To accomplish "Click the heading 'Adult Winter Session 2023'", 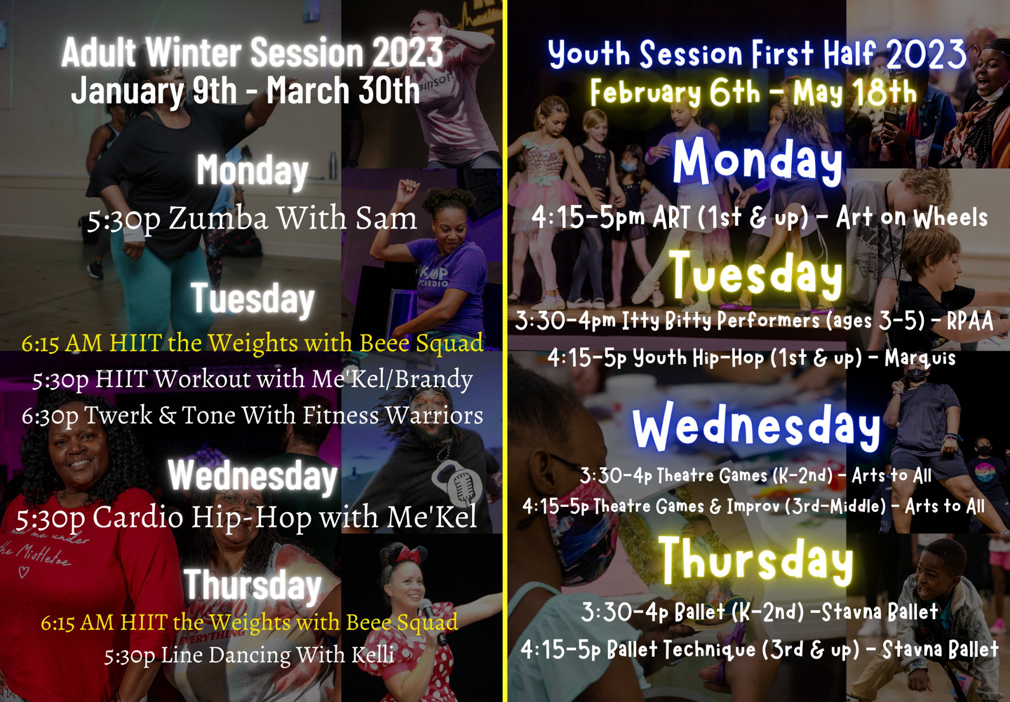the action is (252, 52).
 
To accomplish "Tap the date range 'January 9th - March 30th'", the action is (245, 91).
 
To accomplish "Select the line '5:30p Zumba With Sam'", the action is (252, 218).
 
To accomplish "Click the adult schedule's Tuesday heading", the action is (252, 299).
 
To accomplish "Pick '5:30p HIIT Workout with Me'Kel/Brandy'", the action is (252, 379).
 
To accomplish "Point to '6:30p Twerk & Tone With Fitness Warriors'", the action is (252, 415).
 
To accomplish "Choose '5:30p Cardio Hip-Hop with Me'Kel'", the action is (246, 517).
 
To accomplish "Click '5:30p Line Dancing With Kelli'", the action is (249, 655).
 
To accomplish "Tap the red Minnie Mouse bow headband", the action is (408, 555).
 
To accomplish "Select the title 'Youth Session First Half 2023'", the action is (757, 54).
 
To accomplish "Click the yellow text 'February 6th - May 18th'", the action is (753, 92).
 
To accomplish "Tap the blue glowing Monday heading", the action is (757, 161).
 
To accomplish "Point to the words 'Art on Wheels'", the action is (912, 217).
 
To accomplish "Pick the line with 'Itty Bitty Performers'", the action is (754, 320).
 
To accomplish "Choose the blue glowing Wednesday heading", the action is (756, 427).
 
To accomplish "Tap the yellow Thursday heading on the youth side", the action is (756, 560).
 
